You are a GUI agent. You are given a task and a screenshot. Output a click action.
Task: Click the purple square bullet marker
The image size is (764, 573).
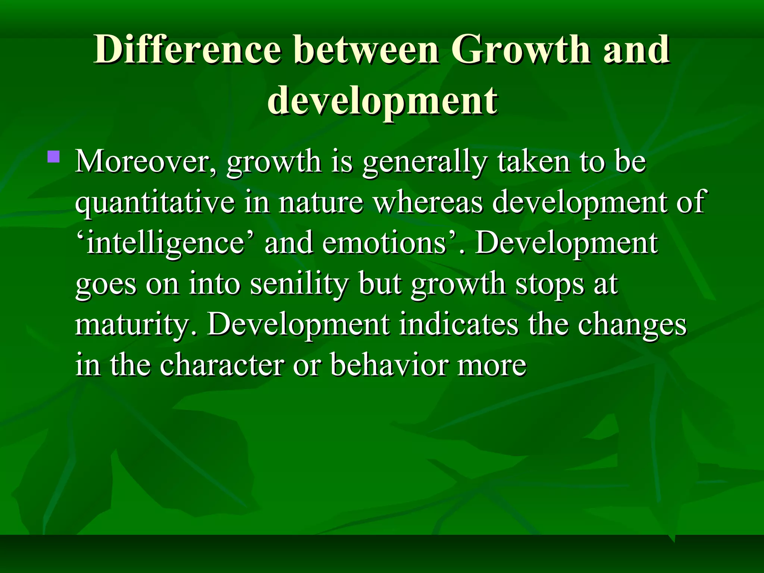(x=54, y=156)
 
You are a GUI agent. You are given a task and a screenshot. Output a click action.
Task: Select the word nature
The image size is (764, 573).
(x=321, y=202)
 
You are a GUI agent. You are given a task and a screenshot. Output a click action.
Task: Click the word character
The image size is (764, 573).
(x=222, y=365)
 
